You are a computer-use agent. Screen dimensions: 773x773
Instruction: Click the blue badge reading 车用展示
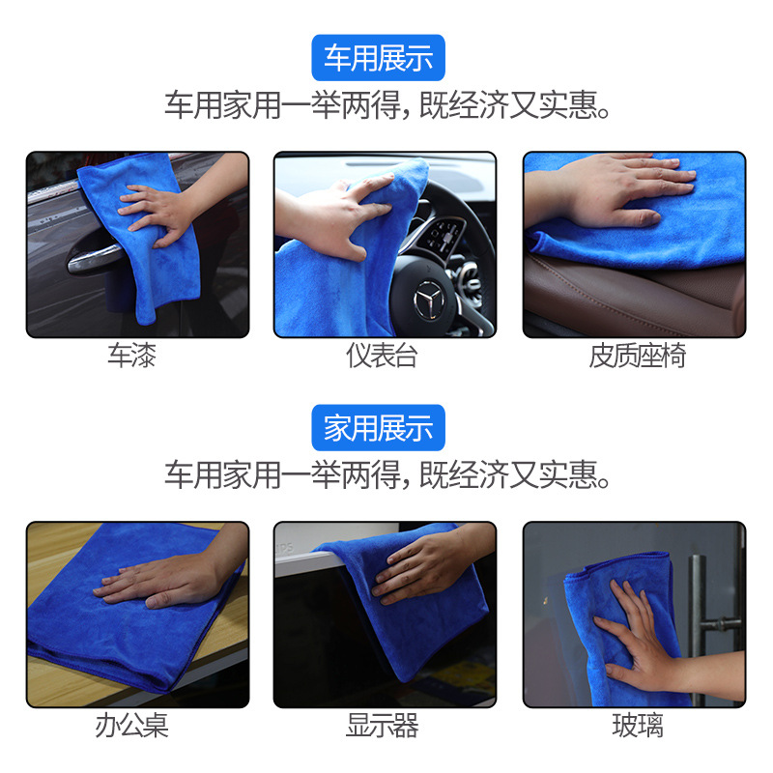(378, 58)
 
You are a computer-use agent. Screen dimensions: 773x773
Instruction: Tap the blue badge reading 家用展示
(378, 427)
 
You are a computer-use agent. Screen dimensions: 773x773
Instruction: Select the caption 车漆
(131, 356)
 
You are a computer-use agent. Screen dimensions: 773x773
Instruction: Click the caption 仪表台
(382, 356)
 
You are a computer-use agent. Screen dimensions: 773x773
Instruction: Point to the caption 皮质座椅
(638, 356)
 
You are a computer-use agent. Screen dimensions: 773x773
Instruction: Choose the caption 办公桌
(131, 726)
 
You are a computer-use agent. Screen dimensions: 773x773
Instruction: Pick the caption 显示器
(382, 726)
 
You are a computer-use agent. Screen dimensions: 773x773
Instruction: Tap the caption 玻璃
(638, 726)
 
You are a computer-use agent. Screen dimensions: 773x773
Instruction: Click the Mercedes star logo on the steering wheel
(428, 300)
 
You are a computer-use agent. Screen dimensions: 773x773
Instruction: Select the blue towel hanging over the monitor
(409, 607)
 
